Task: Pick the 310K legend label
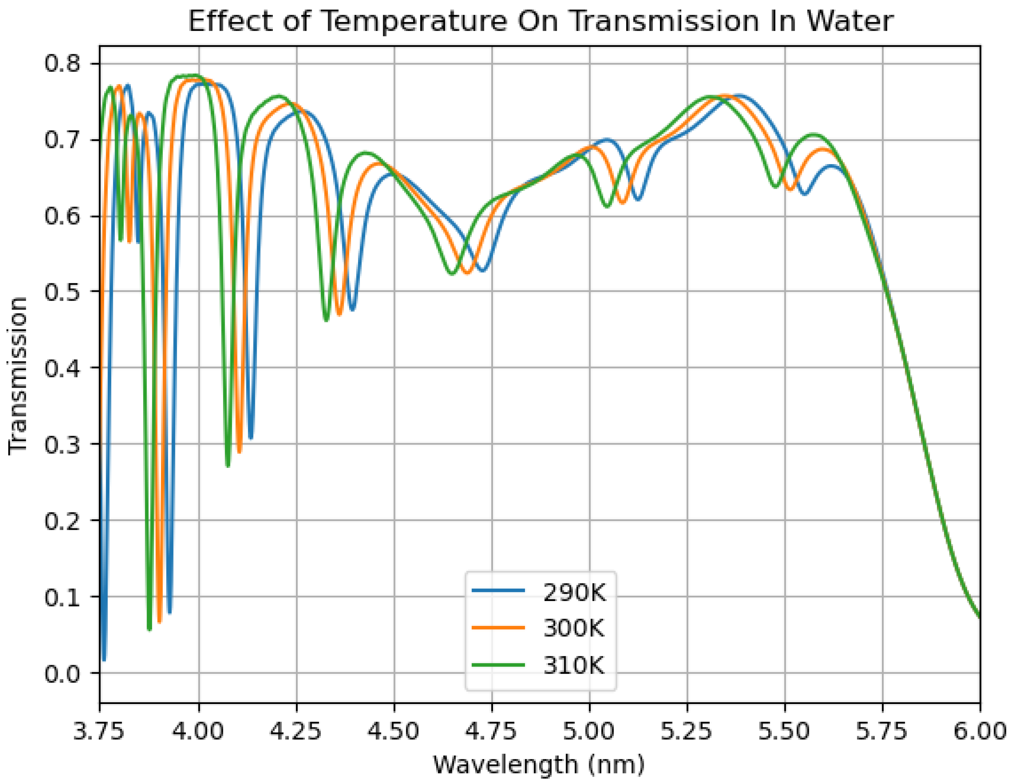(x=574, y=666)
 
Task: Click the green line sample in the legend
(x=498, y=666)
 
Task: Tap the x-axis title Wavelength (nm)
(x=539, y=764)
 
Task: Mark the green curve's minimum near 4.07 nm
(x=228, y=465)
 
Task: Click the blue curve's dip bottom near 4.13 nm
(x=251, y=438)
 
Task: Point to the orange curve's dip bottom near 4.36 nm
(x=339, y=314)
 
